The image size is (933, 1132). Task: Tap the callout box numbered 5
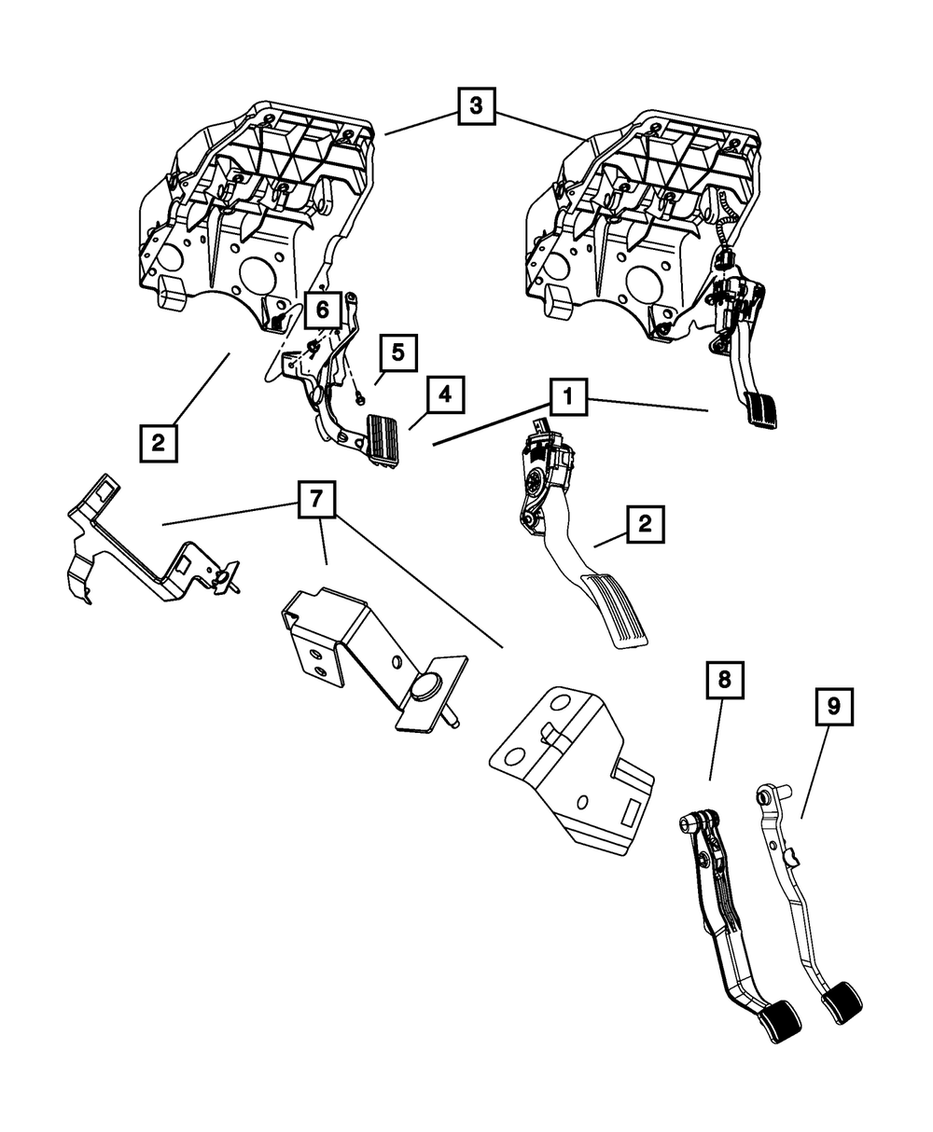[x=397, y=353]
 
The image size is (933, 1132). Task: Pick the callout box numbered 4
[x=445, y=394]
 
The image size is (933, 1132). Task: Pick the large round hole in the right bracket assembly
[x=644, y=281]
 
